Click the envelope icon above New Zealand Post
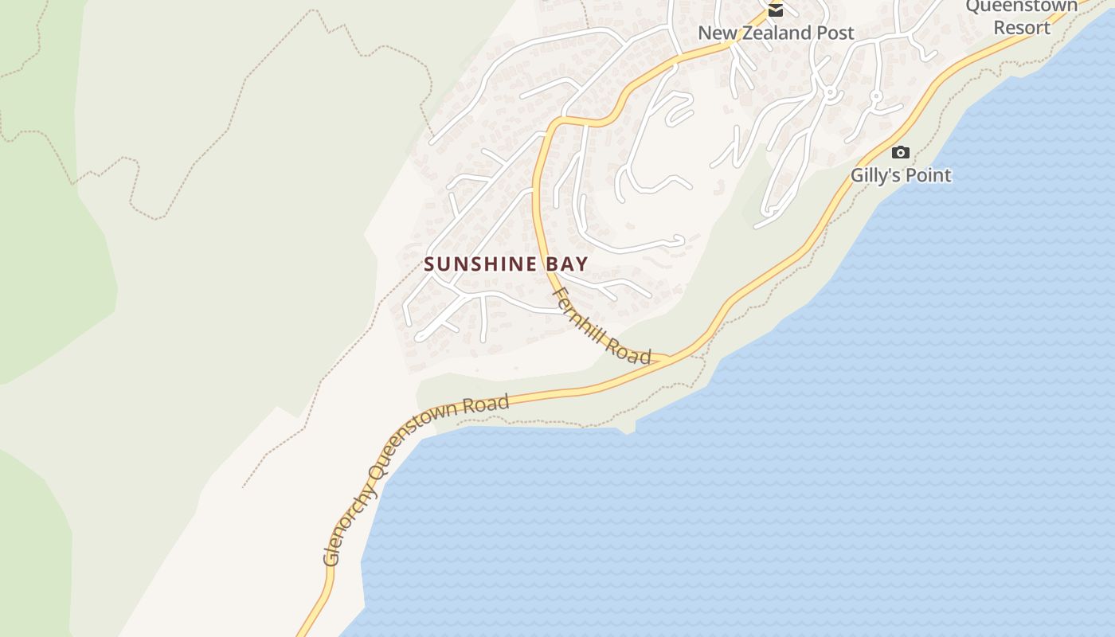pos(775,10)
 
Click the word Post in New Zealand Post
pos(833,33)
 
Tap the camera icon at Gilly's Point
pos(901,152)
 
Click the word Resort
pos(1022,27)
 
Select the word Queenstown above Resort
pos(1022,6)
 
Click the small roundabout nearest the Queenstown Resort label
pos(876,97)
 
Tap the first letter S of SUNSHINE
pos(429,264)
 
